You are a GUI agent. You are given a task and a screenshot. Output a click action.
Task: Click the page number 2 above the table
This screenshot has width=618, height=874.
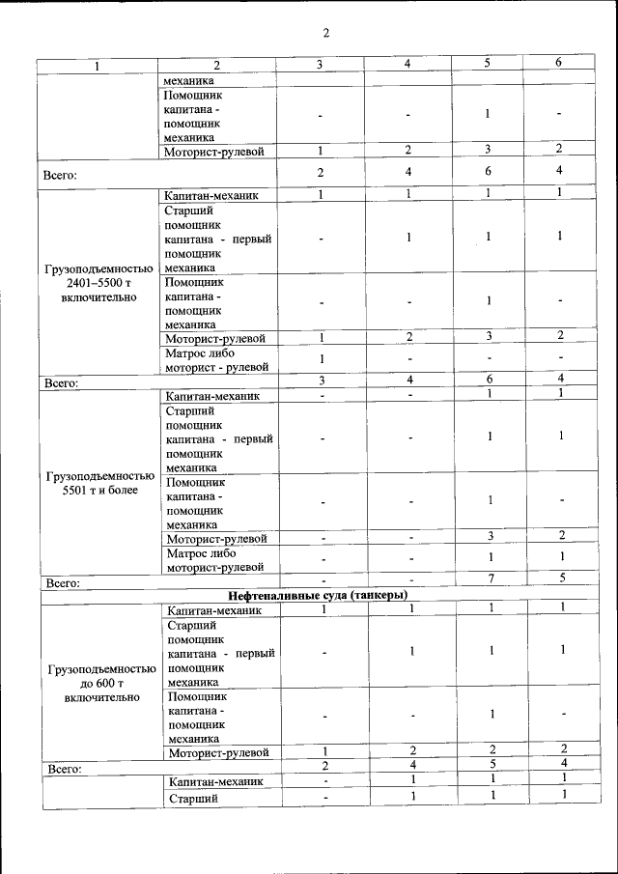coord(325,34)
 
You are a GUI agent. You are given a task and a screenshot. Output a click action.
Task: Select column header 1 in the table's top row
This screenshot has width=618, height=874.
coord(97,65)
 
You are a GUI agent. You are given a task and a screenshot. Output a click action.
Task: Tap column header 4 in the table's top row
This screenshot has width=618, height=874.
coord(408,64)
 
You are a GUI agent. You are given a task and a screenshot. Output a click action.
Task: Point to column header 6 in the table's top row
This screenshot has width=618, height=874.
coord(558,63)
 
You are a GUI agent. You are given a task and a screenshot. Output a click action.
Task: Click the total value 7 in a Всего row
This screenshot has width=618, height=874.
coord(490,578)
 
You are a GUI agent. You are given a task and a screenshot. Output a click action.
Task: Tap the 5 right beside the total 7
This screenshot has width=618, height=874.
coord(561,578)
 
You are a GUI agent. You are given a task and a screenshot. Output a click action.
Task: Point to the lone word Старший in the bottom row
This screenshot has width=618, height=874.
coord(193,799)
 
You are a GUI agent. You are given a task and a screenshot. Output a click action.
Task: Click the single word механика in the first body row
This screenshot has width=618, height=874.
coord(189,80)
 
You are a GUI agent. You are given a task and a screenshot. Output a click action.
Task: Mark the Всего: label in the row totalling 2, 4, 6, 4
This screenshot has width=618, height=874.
coord(60,176)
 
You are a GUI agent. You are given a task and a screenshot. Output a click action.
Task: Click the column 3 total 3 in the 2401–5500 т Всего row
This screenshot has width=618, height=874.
coord(321,381)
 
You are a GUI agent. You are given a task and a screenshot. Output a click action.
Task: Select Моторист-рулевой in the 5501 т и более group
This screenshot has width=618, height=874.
coord(217,538)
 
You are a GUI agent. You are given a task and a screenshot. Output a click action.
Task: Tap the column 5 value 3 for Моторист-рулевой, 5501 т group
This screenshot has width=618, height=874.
coord(490,535)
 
